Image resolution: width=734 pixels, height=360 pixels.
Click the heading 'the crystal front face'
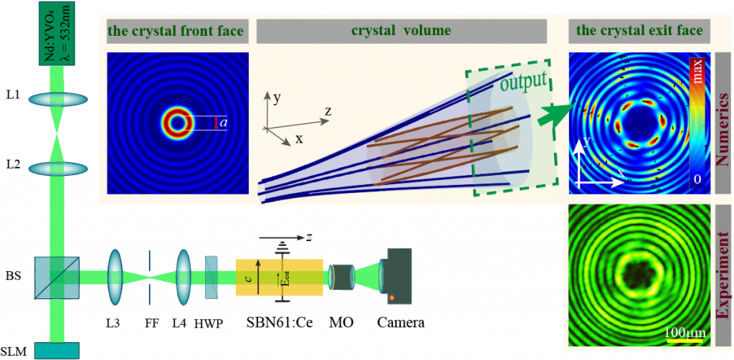pyautogui.click(x=176, y=31)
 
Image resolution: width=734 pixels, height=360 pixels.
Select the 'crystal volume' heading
pyautogui.click(x=401, y=31)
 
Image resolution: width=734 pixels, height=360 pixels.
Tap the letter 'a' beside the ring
pyautogui.click(x=224, y=123)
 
